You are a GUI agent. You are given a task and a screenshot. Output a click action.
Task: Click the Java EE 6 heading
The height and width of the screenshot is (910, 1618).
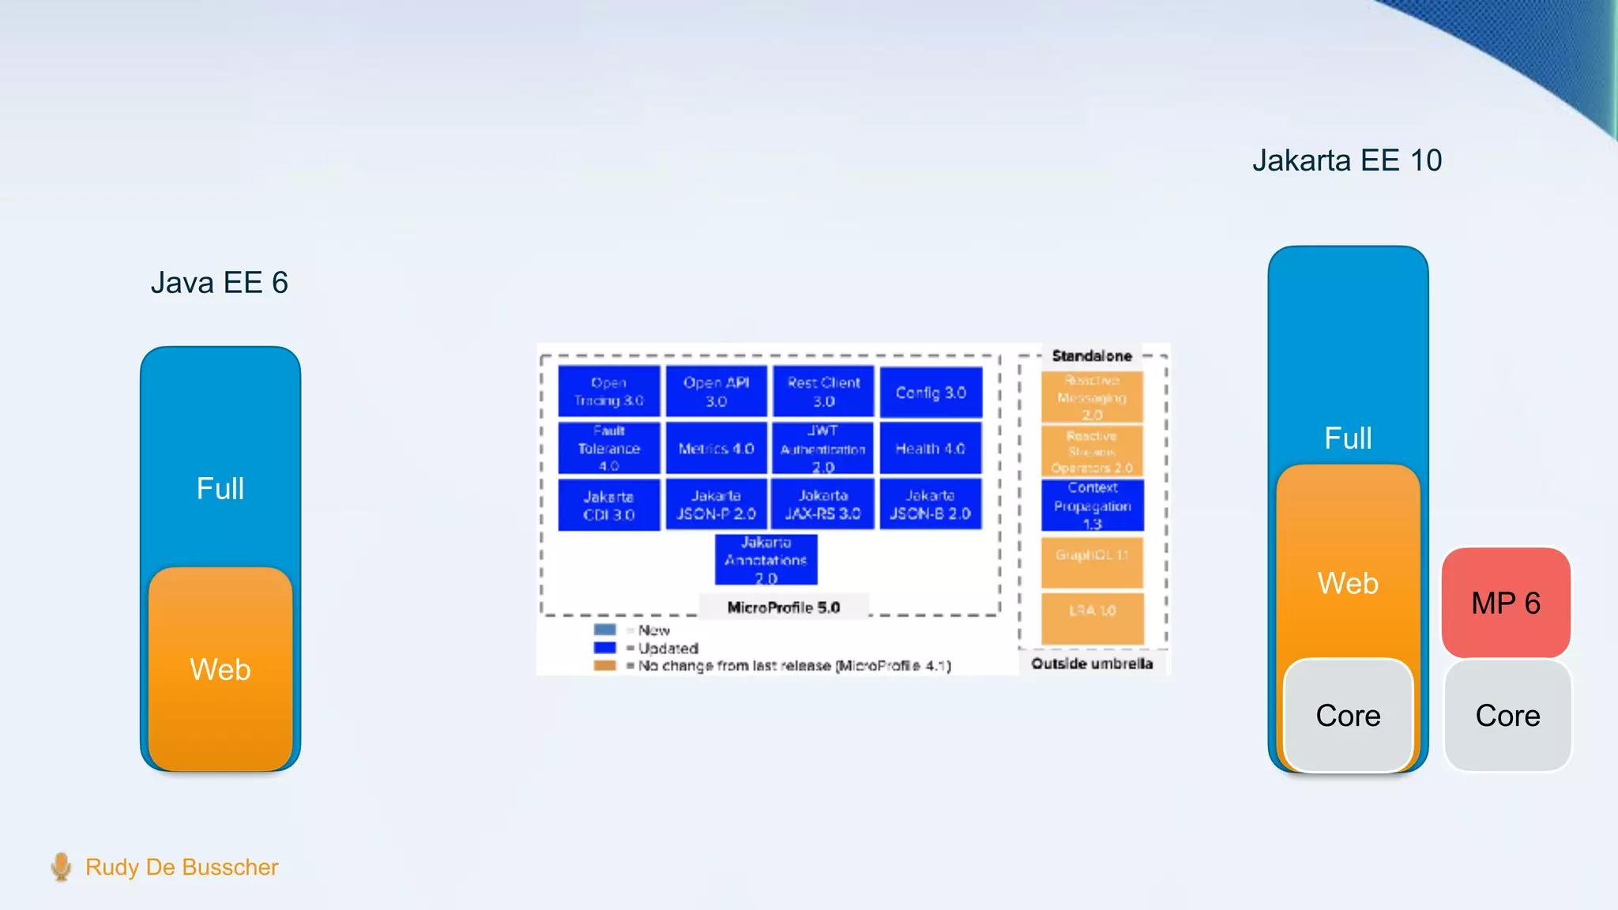[220, 283]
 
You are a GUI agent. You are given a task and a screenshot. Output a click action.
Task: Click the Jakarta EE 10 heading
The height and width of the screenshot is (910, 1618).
[1347, 160]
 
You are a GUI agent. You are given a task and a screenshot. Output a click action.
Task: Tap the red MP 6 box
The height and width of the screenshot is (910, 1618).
[1506, 603]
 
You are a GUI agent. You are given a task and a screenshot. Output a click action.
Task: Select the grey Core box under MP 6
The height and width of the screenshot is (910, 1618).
[1507, 716]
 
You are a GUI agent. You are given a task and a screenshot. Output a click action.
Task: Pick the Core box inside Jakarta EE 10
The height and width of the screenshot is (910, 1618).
[1348, 716]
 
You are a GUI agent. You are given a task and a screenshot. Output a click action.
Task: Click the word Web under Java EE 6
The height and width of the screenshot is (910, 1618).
[220, 670]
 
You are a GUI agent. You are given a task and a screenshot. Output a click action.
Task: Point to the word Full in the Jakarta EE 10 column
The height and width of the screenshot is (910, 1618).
[1348, 438]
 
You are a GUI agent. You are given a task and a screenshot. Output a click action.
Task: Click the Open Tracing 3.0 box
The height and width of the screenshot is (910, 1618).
[608, 391]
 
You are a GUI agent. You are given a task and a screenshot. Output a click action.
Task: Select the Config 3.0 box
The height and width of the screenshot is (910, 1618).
[931, 393]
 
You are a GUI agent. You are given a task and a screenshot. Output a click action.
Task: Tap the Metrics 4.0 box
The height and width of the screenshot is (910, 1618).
[716, 449]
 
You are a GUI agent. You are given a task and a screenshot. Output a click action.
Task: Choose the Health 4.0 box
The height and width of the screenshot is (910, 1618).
[931, 449]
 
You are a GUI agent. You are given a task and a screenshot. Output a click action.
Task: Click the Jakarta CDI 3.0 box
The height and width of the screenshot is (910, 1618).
[608, 506]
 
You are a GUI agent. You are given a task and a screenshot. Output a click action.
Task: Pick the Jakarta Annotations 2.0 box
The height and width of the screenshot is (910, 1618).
[766, 560]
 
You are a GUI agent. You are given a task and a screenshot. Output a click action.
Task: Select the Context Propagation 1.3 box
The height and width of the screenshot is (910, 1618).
[1093, 506]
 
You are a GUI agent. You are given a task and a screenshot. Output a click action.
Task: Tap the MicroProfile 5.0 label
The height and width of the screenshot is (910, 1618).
[783, 607]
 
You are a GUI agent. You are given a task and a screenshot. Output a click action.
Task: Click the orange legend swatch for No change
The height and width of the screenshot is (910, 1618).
[604, 665]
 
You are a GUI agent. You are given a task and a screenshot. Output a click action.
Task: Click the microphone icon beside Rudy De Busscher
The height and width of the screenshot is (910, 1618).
[61, 867]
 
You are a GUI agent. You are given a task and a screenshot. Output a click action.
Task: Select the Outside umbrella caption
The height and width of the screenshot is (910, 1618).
[1092, 664]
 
